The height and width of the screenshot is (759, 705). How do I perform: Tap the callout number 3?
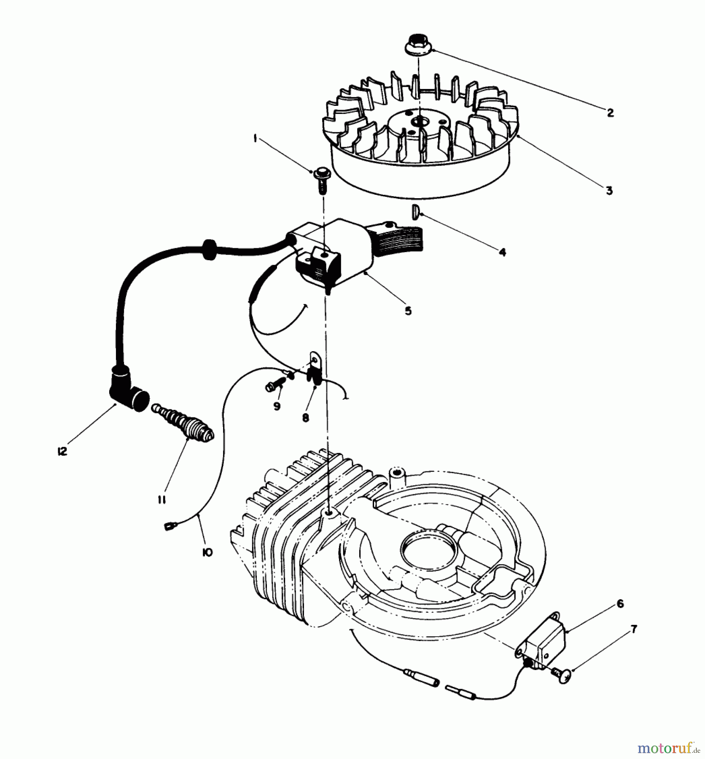609,191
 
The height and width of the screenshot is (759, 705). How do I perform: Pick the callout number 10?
207,552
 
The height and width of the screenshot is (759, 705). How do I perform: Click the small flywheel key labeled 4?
414,210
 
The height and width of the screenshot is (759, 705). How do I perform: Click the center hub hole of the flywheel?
418,121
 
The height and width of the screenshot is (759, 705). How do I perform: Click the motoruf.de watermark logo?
667,748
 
